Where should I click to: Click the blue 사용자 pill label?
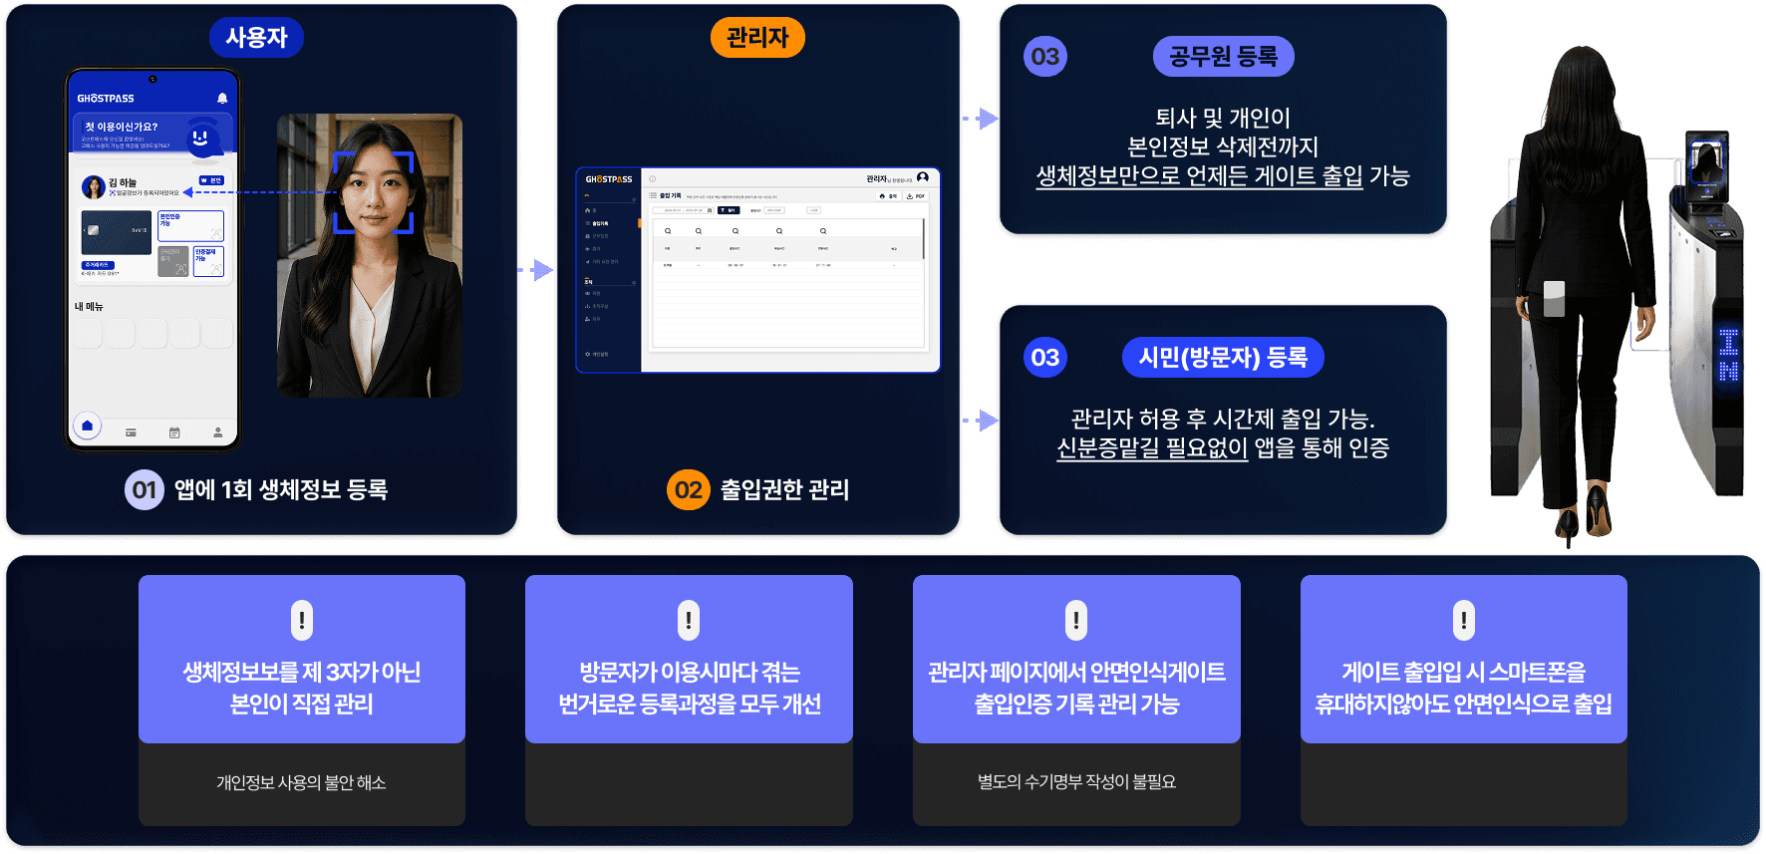pyautogui.click(x=256, y=38)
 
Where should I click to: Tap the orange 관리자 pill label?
pyautogui.click(x=757, y=38)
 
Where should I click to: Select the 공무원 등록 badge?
pyautogui.click(x=1223, y=57)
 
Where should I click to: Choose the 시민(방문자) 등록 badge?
pyautogui.click(x=1223, y=358)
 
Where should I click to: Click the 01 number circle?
pyautogui.click(x=145, y=489)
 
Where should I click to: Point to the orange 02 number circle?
pyautogui.click(x=688, y=489)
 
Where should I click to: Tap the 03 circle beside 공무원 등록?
pyautogui.click(x=1044, y=57)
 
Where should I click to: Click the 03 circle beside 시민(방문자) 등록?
pyautogui.click(x=1044, y=358)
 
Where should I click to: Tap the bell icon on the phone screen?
pyautogui.click(x=222, y=99)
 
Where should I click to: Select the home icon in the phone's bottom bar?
pyautogui.click(x=88, y=427)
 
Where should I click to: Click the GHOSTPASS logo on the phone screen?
pyautogui.click(x=106, y=99)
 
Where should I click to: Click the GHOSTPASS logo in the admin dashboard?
pyautogui.click(x=609, y=179)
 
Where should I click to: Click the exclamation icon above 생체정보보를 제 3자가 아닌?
pyautogui.click(x=301, y=620)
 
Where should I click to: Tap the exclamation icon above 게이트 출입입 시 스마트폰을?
pyautogui.click(x=1463, y=620)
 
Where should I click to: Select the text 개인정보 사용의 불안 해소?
pyautogui.click(x=301, y=783)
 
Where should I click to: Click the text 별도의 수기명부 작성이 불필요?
pyautogui.click(x=1076, y=783)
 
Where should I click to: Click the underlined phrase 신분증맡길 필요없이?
pyautogui.click(x=1152, y=448)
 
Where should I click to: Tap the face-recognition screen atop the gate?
pyautogui.click(x=1707, y=159)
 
